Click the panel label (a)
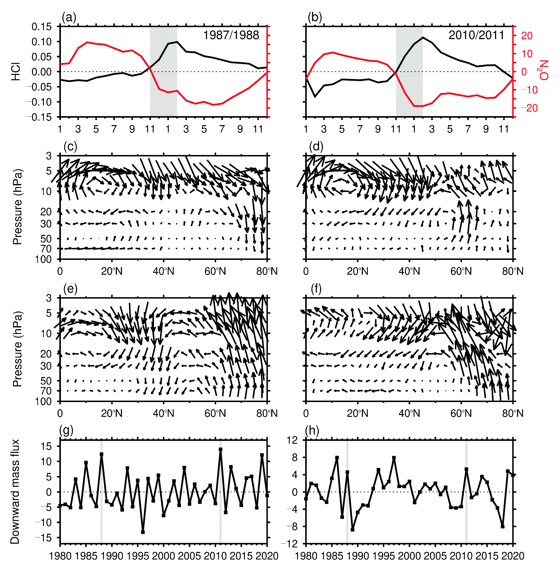[x=69, y=17]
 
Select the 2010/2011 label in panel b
[x=476, y=35]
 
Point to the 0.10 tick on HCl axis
[x=42, y=42]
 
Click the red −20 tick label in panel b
[x=529, y=108]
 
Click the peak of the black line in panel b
[x=423, y=37]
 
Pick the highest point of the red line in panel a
[x=87, y=42]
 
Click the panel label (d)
[x=316, y=146]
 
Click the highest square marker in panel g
[x=221, y=449]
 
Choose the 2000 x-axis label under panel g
[x=163, y=556]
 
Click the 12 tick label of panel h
[x=292, y=440]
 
